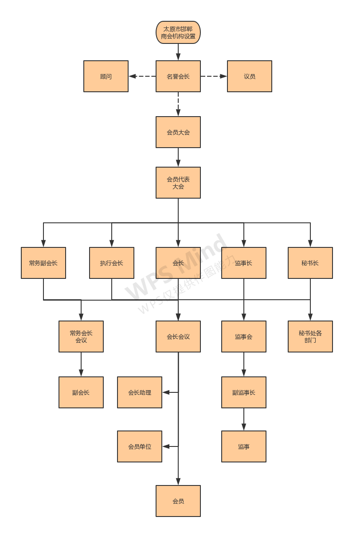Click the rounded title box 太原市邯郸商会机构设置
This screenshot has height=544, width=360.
[x=178, y=32]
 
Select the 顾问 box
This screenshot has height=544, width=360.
[x=106, y=76]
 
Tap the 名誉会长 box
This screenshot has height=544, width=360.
[x=178, y=76]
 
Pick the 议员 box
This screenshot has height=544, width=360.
[x=250, y=76]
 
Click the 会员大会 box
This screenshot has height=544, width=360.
[x=178, y=132]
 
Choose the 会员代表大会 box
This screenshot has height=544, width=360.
[x=178, y=183]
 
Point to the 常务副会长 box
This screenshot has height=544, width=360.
[x=43, y=263]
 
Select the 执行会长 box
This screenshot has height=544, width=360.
[x=112, y=263]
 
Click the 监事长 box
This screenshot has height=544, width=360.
[x=244, y=263]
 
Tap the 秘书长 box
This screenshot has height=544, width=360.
[x=310, y=263]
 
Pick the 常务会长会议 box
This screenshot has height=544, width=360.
[x=81, y=337]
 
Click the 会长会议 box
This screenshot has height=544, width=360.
[x=178, y=337]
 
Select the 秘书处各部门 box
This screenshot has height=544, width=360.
[x=310, y=337]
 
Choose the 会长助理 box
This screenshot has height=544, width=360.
[x=140, y=392]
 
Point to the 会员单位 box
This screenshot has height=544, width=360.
[x=140, y=446]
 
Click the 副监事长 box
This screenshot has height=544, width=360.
[x=244, y=392]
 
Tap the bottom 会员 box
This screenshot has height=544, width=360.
[x=178, y=501]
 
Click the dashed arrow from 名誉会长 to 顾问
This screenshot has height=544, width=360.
[x=142, y=76]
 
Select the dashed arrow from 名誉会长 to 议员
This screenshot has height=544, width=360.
[x=214, y=76]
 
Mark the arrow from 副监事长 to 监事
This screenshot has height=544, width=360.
[x=244, y=419]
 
